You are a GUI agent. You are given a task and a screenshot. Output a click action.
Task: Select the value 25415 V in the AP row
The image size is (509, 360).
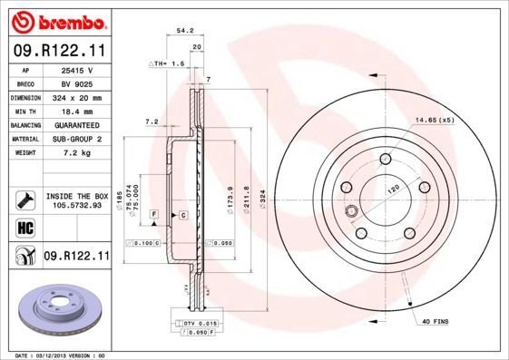[x=77, y=69]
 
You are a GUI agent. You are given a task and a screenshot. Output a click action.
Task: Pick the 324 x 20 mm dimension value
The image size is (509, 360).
[x=77, y=97]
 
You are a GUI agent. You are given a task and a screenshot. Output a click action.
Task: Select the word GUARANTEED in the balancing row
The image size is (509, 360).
[x=77, y=124]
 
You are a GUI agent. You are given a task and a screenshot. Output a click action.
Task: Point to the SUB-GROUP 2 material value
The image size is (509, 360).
[x=77, y=139]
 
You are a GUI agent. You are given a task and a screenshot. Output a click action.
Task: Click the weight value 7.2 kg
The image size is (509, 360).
[x=77, y=152]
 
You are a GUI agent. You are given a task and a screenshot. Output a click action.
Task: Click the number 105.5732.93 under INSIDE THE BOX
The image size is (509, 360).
[x=76, y=205]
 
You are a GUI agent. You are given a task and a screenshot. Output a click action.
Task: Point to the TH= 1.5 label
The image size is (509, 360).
[x=169, y=64]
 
